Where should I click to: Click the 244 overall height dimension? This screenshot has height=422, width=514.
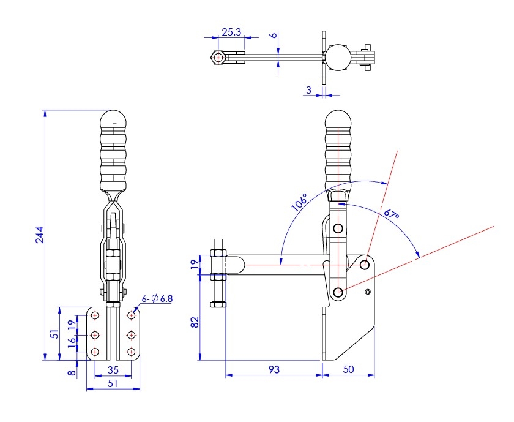(40, 235)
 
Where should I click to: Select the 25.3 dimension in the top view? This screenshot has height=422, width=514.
(231, 32)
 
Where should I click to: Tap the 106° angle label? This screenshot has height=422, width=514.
(300, 202)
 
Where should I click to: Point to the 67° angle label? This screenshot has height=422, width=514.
(392, 214)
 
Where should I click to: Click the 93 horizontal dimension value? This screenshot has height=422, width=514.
(274, 369)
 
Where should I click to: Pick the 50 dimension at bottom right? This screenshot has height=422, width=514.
(348, 369)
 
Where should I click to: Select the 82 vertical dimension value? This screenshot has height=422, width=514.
(195, 322)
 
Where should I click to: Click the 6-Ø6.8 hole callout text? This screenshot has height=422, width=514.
(157, 299)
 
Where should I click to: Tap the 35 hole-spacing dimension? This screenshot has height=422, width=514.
(113, 370)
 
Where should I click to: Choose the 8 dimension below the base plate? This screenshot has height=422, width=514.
(72, 372)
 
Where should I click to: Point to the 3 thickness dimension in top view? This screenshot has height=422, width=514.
(308, 89)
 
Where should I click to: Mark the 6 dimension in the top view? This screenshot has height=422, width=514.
(274, 34)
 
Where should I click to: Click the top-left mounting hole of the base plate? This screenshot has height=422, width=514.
(95, 315)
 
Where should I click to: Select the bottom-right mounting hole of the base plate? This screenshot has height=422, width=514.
(131, 352)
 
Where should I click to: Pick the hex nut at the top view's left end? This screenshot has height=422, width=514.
(218, 58)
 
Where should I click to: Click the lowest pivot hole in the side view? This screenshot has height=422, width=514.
(338, 292)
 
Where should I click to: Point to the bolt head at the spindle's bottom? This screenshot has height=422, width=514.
(218, 304)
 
